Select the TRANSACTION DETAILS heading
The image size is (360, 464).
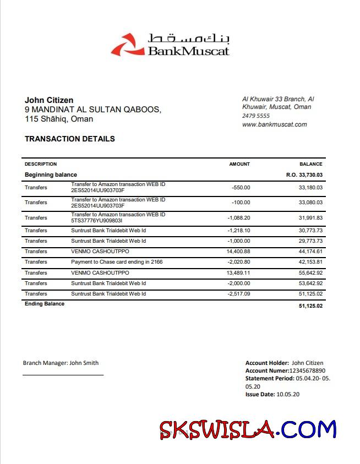[x=70, y=139]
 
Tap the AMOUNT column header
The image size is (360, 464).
[x=239, y=164]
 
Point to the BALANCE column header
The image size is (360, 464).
[x=311, y=164]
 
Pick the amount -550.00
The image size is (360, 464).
[x=241, y=188]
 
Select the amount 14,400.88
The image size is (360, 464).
[x=238, y=252]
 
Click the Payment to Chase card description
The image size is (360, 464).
[x=117, y=262]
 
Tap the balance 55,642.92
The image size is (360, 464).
[x=310, y=273]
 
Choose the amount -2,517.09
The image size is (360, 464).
[x=239, y=294]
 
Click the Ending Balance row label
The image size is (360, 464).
[x=45, y=304]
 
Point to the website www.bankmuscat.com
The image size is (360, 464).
[x=275, y=124]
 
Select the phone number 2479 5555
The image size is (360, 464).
[x=256, y=116]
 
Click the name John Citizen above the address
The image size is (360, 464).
[x=49, y=100]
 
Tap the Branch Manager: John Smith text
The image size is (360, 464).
[x=61, y=363]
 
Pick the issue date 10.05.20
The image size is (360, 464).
[x=288, y=395]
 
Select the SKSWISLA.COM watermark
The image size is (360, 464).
[x=248, y=429]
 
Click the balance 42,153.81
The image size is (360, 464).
[x=310, y=262]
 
